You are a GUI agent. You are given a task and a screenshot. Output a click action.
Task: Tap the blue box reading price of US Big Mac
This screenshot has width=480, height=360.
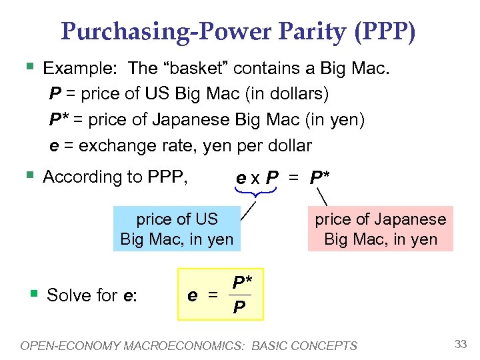(177, 229)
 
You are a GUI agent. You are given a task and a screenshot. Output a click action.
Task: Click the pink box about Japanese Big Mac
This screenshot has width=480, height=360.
(380, 229)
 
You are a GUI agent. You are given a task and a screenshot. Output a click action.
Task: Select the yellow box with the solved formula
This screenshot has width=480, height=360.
(221, 294)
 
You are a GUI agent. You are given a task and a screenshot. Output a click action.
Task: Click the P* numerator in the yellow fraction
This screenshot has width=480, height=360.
(241, 282)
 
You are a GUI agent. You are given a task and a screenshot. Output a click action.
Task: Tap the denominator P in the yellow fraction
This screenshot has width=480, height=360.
(238, 307)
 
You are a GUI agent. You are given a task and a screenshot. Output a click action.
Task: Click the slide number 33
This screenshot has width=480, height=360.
(460, 345)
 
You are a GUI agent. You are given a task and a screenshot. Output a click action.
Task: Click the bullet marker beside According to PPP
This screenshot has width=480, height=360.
(28, 175)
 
